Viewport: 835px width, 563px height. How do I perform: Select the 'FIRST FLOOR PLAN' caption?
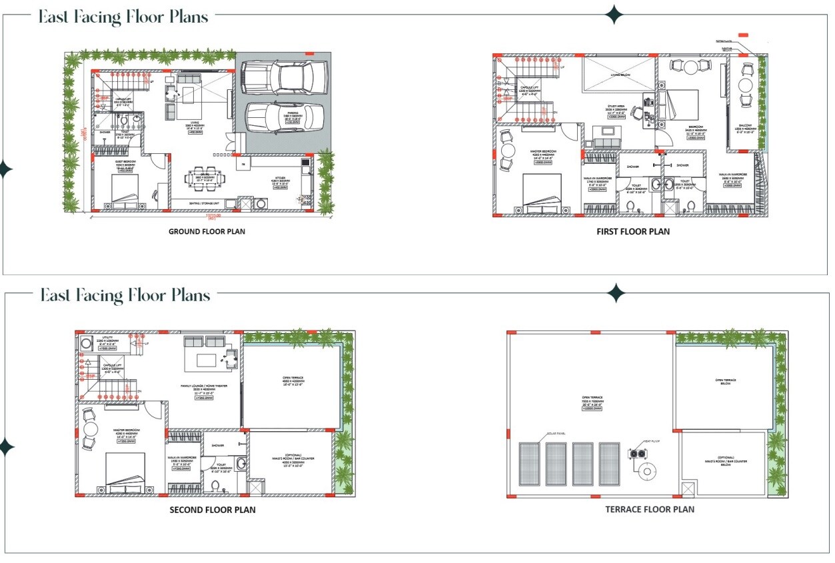coord(633,232)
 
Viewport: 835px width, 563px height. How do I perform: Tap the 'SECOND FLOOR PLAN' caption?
coord(213,510)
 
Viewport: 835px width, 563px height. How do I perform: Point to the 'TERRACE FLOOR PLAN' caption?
coord(649,509)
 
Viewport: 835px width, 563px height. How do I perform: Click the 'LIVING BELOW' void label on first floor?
coord(619,75)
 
